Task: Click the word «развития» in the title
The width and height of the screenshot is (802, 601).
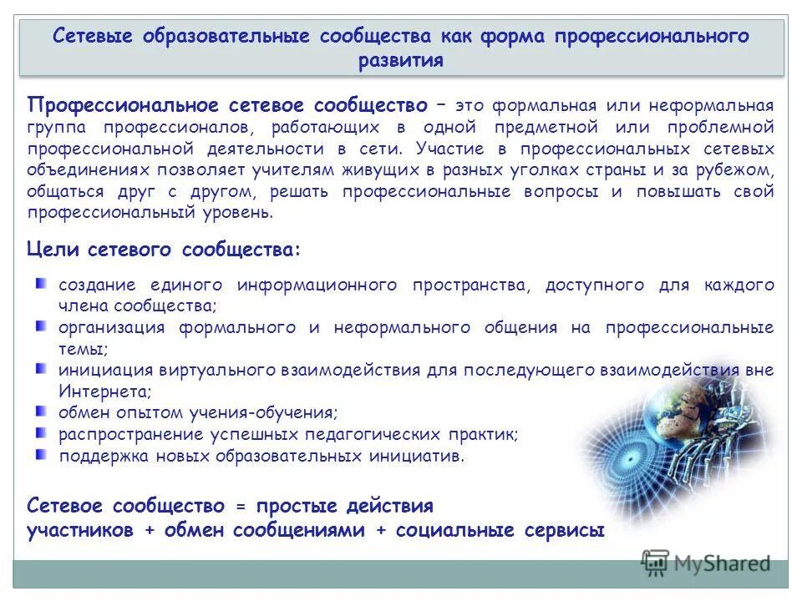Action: [x=401, y=60]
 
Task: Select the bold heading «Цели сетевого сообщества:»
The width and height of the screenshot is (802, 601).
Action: [x=164, y=249]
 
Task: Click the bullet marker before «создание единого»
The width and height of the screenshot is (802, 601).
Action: [x=41, y=285]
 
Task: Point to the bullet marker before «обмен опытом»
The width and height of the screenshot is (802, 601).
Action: [x=41, y=411]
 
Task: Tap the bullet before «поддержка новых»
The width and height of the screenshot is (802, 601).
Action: [x=41, y=454]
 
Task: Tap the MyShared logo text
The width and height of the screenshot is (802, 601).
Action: [x=720, y=563]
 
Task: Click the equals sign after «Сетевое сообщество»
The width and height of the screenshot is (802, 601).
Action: [x=241, y=506]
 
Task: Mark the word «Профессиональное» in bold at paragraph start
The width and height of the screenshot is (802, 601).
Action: [x=124, y=105]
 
